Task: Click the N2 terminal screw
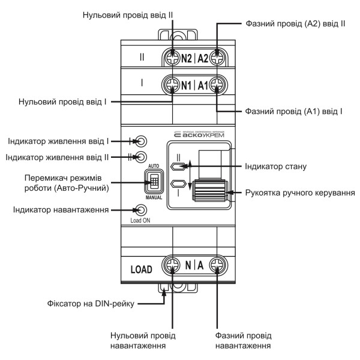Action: pos(172,59)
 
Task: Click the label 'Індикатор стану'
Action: pos(277,165)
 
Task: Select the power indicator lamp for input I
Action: pos(142,142)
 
